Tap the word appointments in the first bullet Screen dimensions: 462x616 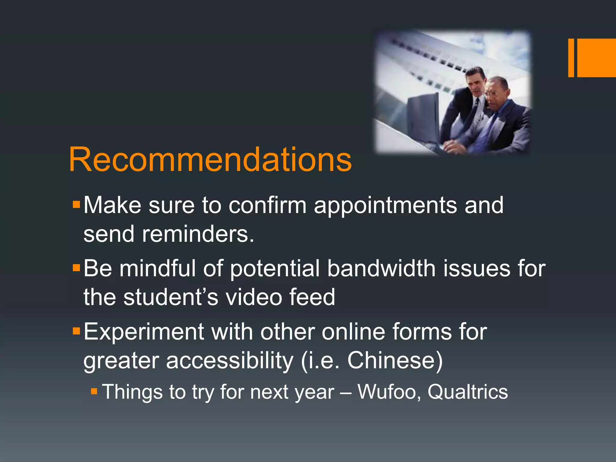(x=385, y=205)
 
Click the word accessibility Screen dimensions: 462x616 (x=229, y=360)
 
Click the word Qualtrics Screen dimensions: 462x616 (x=468, y=392)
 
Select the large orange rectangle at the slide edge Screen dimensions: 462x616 (x=596, y=58)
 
